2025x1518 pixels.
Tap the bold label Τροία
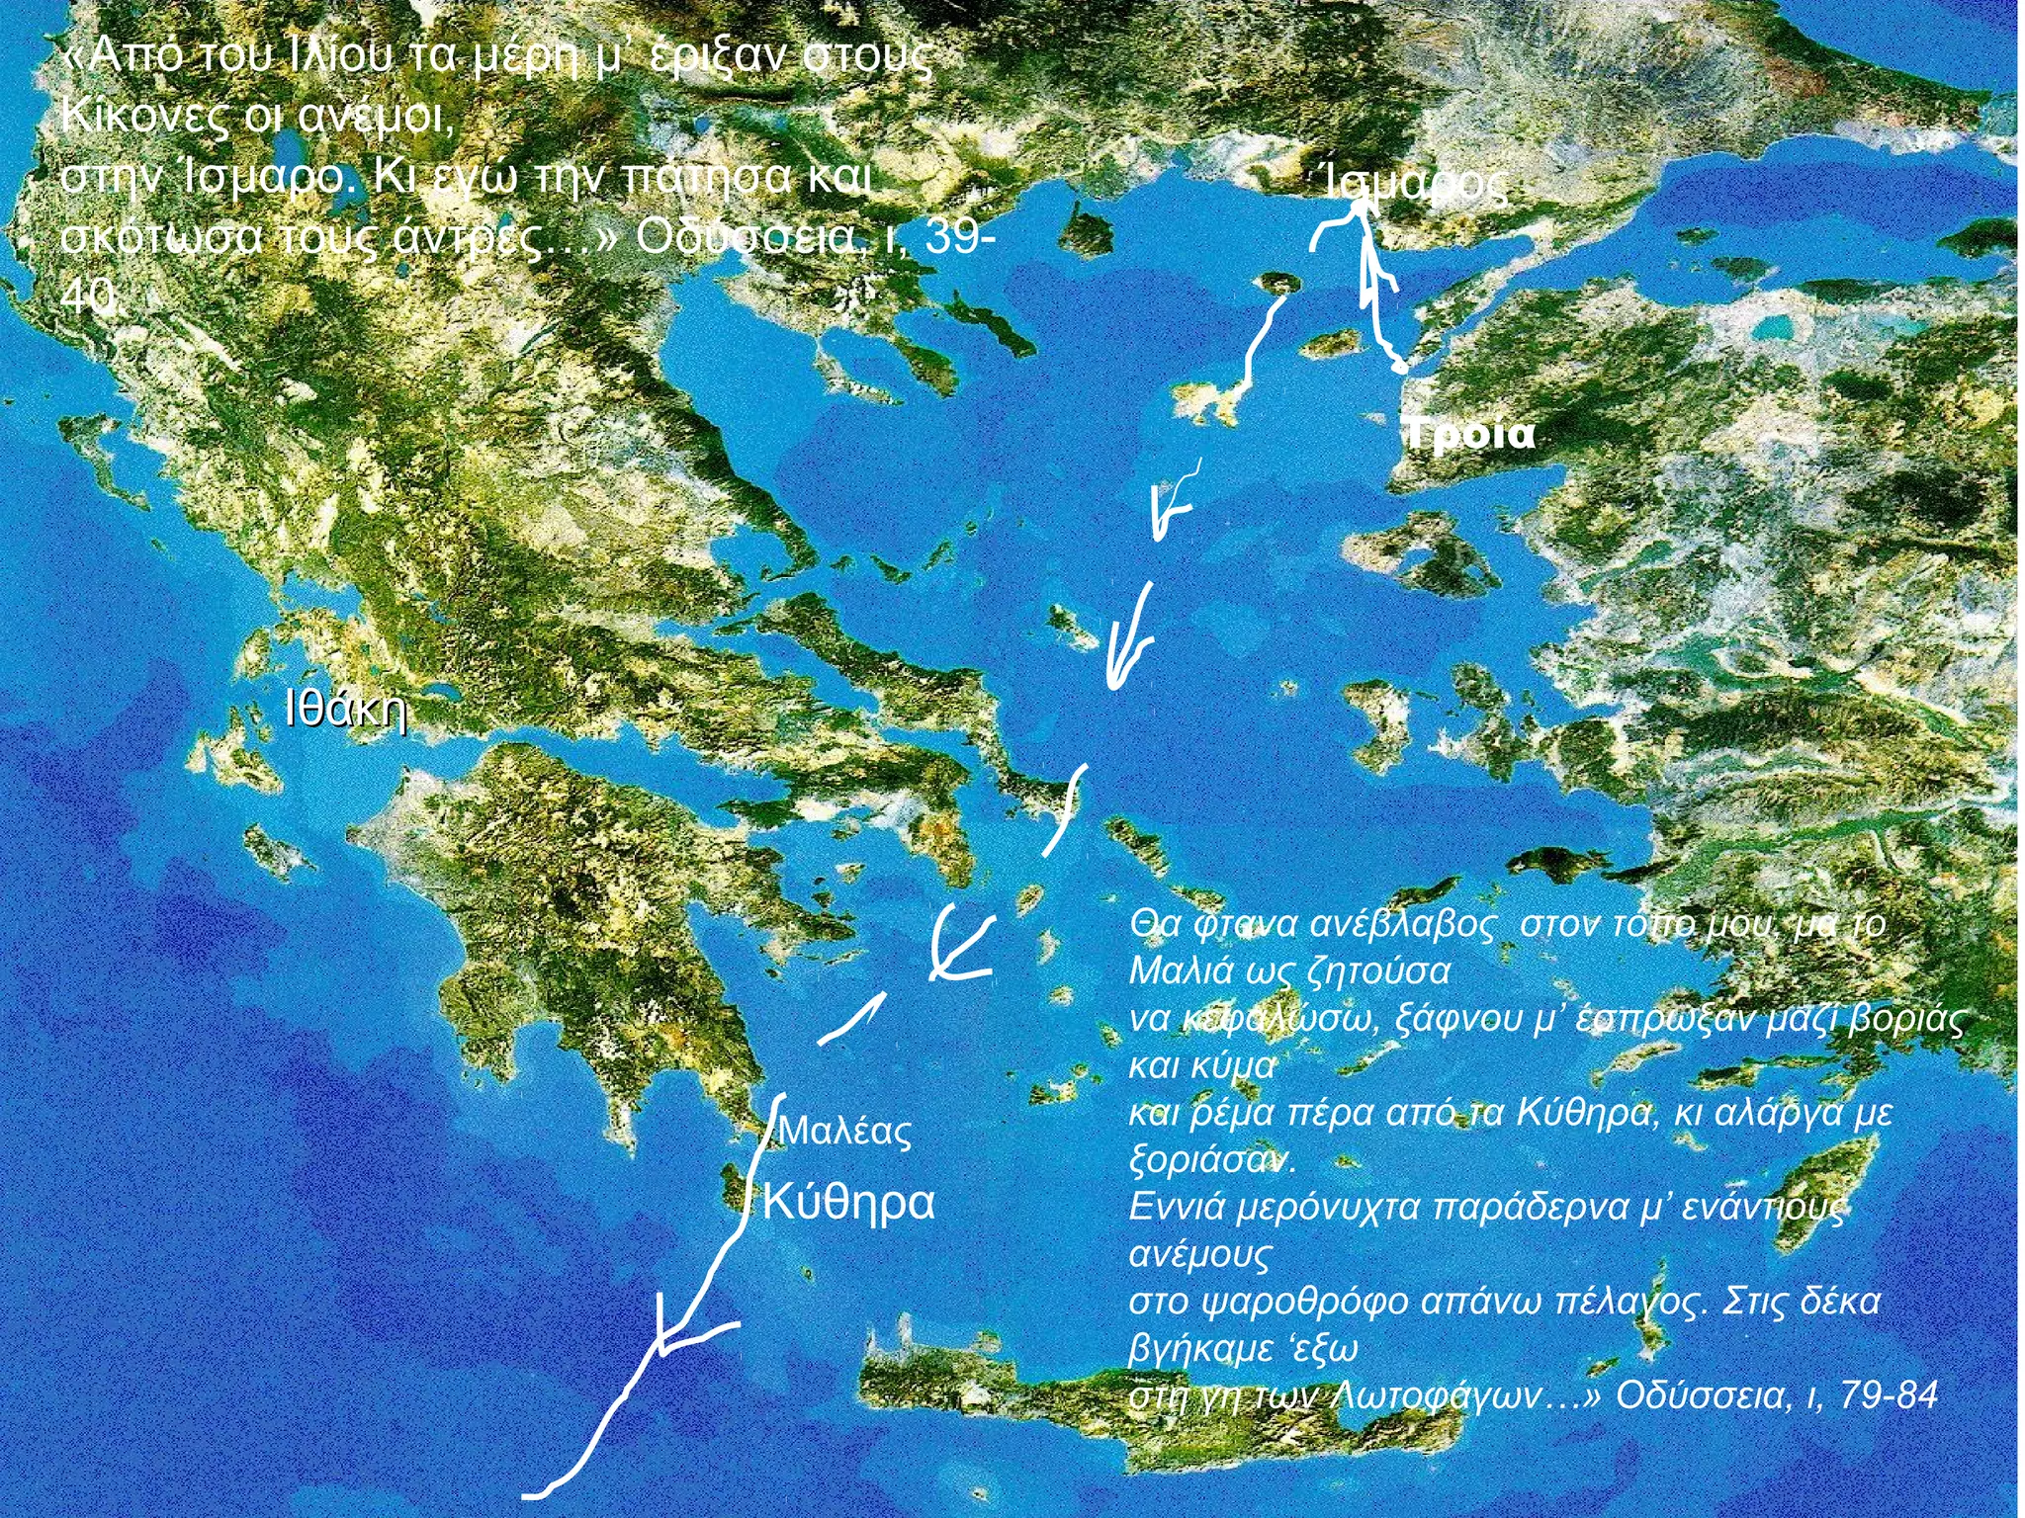pyautogui.click(x=1470, y=434)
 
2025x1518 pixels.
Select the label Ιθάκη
pyautogui.click(x=346, y=709)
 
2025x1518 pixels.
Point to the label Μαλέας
pyautogui.click(x=845, y=1132)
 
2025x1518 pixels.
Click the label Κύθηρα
pyautogui.click(x=849, y=1203)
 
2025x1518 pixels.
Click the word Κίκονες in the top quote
pyautogui.click(x=144, y=117)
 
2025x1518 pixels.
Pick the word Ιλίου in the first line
pyautogui.click(x=337, y=56)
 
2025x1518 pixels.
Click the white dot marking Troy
pyautogui.click(x=1399, y=368)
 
